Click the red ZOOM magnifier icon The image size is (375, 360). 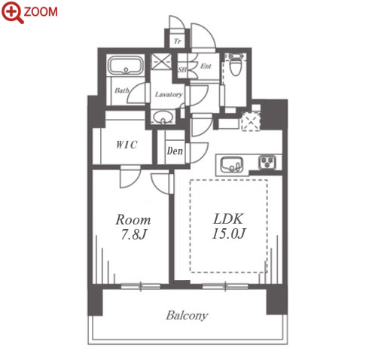[x=13, y=12]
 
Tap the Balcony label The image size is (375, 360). [x=187, y=316]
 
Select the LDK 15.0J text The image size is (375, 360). [x=228, y=226]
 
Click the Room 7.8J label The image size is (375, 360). [x=133, y=227]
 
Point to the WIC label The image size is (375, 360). [x=127, y=145]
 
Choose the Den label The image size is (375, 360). [x=175, y=151]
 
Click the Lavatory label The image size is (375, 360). [x=169, y=94]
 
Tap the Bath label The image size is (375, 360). [x=122, y=90]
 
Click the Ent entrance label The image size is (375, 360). [x=206, y=66]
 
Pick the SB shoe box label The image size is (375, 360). [x=182, y=69]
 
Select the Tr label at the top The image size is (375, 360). [x=178, y=41]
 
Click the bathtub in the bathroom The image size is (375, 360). [x=126, y=66]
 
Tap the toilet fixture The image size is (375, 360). [x=235, y=64]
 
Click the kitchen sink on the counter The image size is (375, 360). [x=232, y=165]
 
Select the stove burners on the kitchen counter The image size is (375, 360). [x=268, y=162]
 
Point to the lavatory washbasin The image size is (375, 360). [x=163, y=117]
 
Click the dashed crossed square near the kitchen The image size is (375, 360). [x=251, y=121]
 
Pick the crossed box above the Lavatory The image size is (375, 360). [x=161, y=61]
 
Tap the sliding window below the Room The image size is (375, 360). [x=141, y=286]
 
